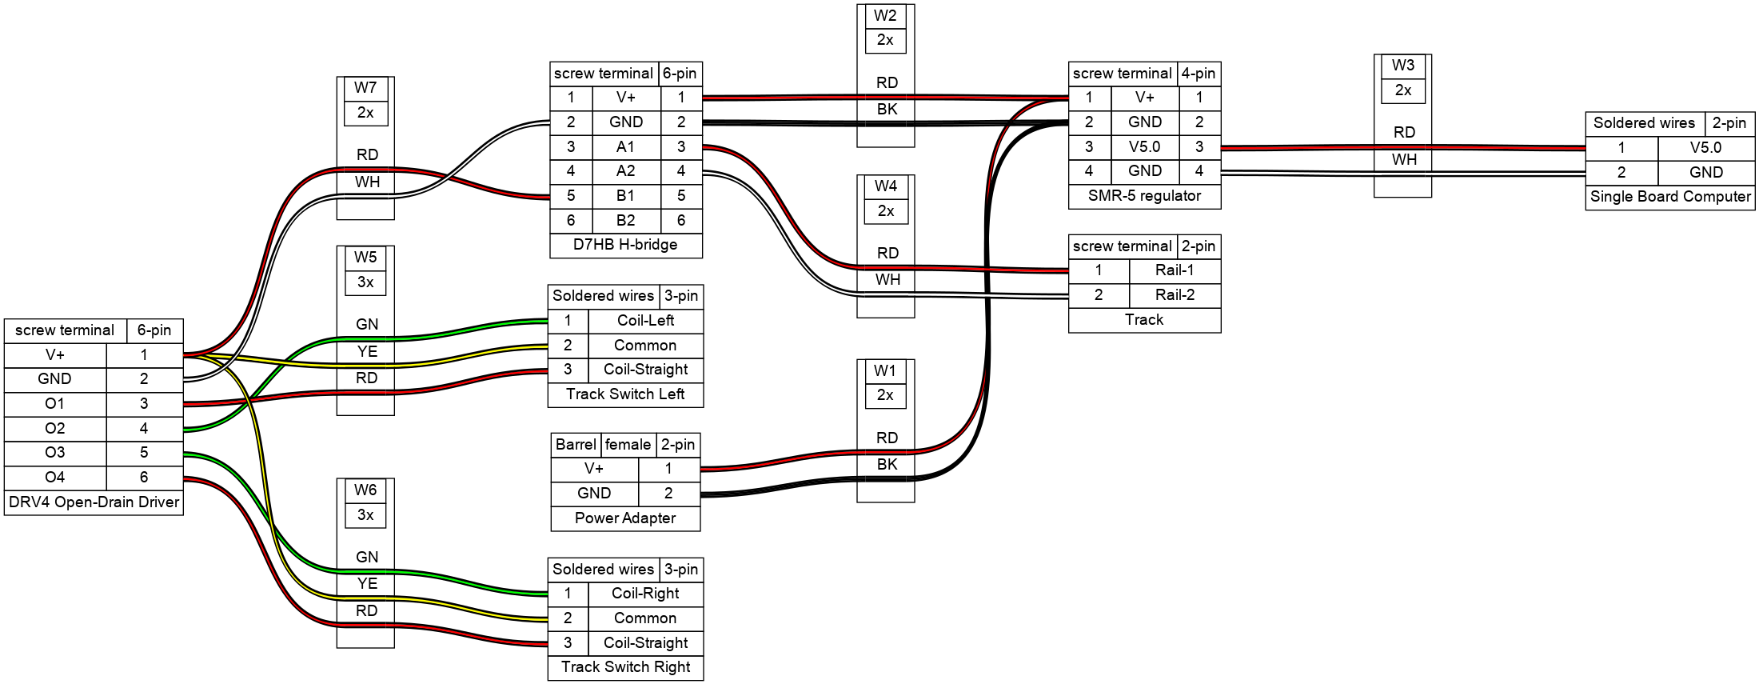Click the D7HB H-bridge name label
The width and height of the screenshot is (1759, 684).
point(625,245)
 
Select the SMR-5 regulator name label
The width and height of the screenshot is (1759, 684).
point(1144,196)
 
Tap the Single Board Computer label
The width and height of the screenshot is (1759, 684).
point(1670,197)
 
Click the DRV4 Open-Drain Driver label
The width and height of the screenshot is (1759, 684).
point(94,502)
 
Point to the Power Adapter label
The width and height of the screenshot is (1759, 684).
point(625,518)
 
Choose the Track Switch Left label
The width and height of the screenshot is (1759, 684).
point(625,394)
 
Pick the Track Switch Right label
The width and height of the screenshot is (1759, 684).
point(625,667)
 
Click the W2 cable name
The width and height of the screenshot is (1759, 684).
point(885,16)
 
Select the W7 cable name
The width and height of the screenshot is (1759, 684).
point(365,88)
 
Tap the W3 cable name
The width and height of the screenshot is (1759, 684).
point(1402,66)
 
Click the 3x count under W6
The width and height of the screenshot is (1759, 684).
point(365,515)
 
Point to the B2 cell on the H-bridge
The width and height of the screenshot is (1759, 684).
point(625,221)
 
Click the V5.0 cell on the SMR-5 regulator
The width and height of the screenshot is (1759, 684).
point(1144,147)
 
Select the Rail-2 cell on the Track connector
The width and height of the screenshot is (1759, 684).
point(1175,295)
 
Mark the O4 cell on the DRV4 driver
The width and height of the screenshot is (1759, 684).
point(54,478)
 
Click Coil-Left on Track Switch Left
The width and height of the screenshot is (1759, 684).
point(645,321)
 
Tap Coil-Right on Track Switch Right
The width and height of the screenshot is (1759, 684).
point(645,594)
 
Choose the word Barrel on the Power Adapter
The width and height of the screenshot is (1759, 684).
point(576,445)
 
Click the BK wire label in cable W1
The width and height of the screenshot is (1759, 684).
point(887,465)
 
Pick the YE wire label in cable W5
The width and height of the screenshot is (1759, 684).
point(367,351)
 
